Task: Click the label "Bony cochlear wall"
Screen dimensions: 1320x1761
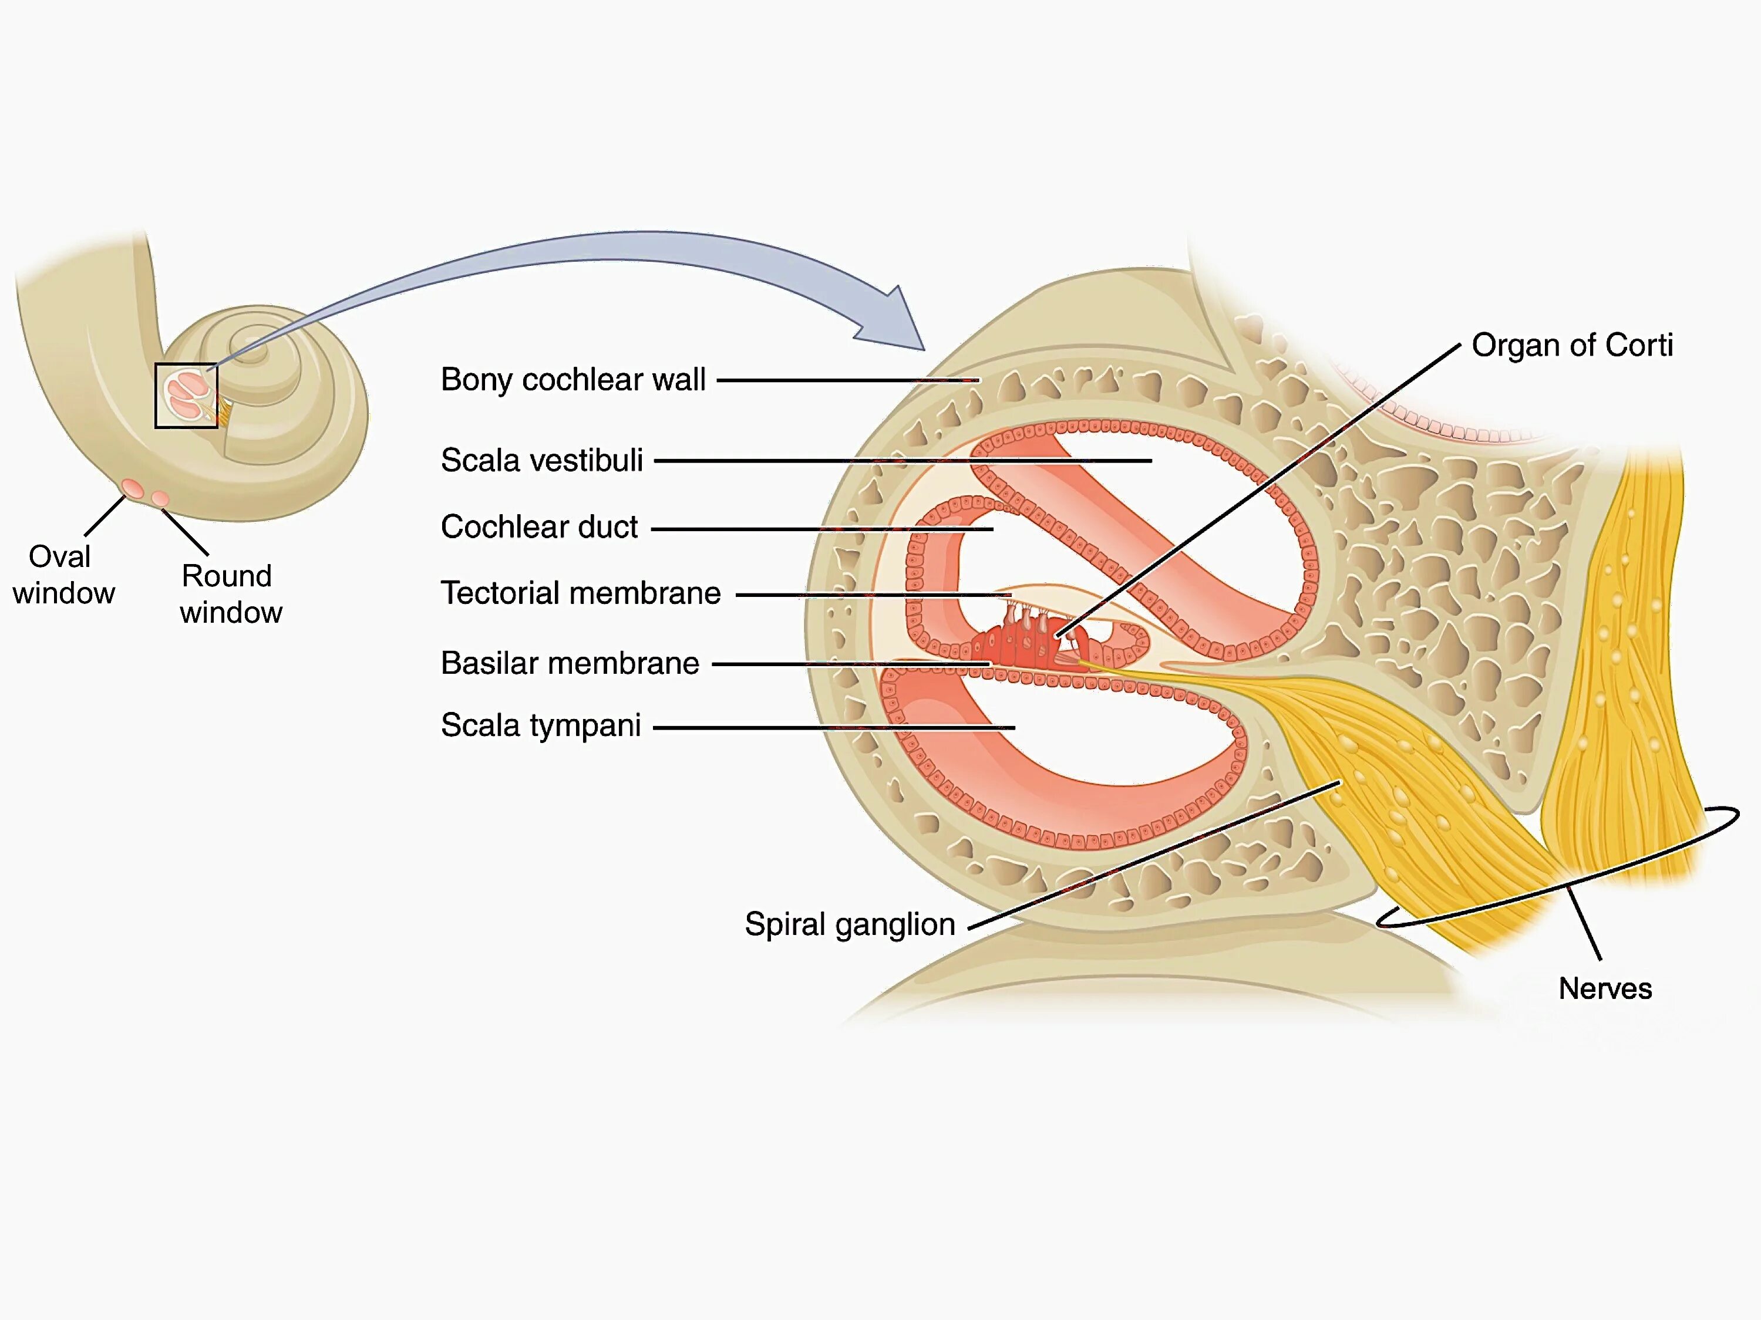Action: coord(573,380)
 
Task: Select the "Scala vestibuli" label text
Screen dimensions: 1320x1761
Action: coord(541,460)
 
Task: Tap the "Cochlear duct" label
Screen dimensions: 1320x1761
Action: coord(539,526)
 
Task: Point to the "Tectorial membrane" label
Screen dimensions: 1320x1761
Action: coord(580,593)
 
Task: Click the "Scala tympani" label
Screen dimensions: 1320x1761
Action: coord(541,725)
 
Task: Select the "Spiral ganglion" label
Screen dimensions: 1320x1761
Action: coord(850,924)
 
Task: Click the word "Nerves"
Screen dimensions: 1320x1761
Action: coord(1604,988)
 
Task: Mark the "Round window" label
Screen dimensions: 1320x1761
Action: coord(230,593)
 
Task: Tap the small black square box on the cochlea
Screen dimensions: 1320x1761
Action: coord(186,396)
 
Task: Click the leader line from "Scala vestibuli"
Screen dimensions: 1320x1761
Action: coord(900,461)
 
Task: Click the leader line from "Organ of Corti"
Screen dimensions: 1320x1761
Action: coord(1258,489)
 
